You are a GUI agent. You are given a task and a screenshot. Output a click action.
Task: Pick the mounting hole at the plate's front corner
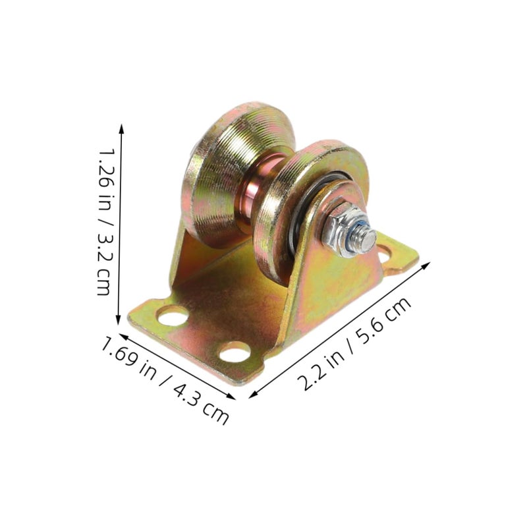(235, 352)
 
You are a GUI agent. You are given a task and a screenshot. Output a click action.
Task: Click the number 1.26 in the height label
(107, 168)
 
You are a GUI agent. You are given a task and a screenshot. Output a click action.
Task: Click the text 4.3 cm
(201, 402)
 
